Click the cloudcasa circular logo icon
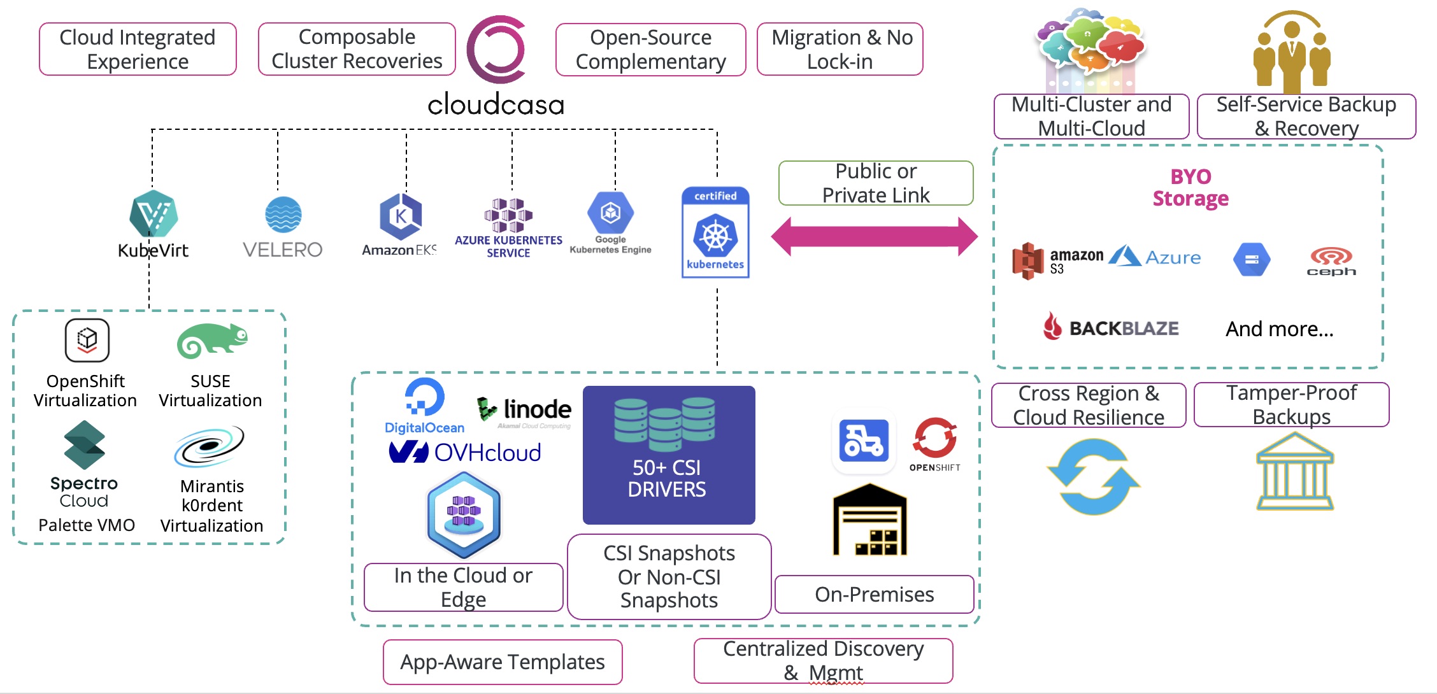(x=496, y=50)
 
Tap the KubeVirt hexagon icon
(x=154, y=214)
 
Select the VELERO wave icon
(x=283, y=215)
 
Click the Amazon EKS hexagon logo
(x=401, y=216)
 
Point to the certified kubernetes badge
(x=715, y=232)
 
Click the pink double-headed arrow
(x=874, y=236)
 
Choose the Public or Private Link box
(x=876, y=183)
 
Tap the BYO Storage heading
(x=1190, y=188)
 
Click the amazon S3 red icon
(x=1028, y=260)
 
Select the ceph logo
(x=1331, y=261)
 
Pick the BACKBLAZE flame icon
(x=1052, y=326)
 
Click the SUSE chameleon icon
(x=212, y=340)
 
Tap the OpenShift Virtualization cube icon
(x=87, y=340)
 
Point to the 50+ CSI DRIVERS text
(x=667, y=478)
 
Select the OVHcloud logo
(x=465, y=453)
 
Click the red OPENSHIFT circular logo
(x=934, y=438)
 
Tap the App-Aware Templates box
(x=503, y=662)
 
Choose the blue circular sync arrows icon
(x=1093, y=477)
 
